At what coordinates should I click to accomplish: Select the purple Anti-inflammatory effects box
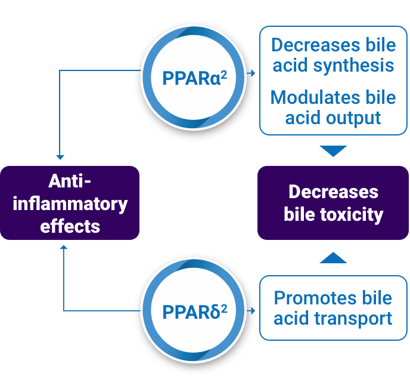tap(70, 204)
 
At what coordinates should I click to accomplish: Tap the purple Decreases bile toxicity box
tap(333, 203)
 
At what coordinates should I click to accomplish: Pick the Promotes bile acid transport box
tap(333, 307)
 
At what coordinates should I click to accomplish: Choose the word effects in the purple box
tap(70, 226)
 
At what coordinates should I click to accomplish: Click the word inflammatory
tap(70, 204)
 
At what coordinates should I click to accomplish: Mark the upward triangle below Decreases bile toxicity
tap(333, 258)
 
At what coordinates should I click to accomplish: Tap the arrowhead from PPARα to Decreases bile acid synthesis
tap(254, 73)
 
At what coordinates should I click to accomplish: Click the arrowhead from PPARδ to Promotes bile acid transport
tap(254, 311)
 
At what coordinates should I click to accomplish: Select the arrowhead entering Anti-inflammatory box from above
tap(61, 156)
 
